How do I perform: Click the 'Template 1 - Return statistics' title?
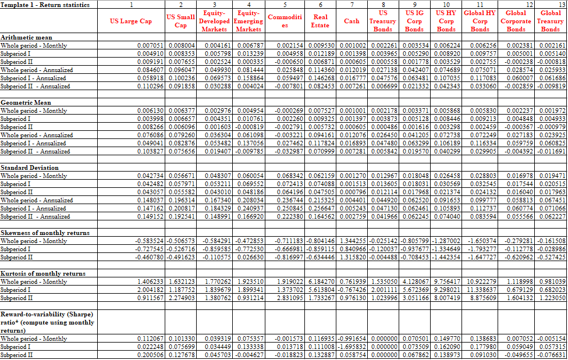(x=46, y=5)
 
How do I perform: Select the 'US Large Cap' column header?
(x=130, y=22)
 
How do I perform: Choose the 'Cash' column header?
(x=352, y=22)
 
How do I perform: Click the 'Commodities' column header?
(x=283, y=22)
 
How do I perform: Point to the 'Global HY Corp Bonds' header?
(x=480, y=20)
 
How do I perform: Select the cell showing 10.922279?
(x=481, y=281)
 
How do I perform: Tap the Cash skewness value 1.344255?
(x=352, y=241)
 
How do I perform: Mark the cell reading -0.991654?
(x=352, y=338)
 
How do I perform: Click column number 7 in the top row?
(x=353, y=5)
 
